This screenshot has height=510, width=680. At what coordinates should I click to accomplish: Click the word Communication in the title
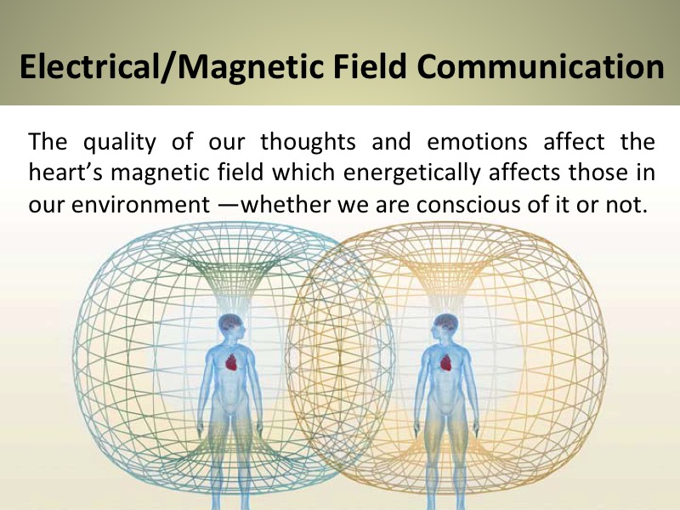tap(541, 66)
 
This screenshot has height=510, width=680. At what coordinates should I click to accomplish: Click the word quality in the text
tap(119, 142)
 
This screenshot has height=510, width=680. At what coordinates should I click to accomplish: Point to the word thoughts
tap(308, 142)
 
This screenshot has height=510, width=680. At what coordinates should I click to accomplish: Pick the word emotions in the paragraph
tap(477, 142)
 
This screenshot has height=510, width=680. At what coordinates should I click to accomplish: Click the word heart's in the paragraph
tap(65, 173)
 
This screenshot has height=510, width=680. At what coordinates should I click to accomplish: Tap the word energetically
tap(412, 173)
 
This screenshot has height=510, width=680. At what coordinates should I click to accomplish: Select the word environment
tap(141, 205)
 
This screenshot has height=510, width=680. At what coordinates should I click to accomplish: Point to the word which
tap(303, 173)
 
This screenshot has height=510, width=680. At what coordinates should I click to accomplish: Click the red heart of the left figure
tap(232, 362)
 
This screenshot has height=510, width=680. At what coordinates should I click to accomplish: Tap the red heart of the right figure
tap(446, 362)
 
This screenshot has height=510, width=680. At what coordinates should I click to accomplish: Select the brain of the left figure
tap(230, 323)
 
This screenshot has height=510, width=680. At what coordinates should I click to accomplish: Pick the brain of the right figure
tap(445, 323)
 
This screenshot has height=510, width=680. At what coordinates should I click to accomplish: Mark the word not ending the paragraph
tap(626, 205)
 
